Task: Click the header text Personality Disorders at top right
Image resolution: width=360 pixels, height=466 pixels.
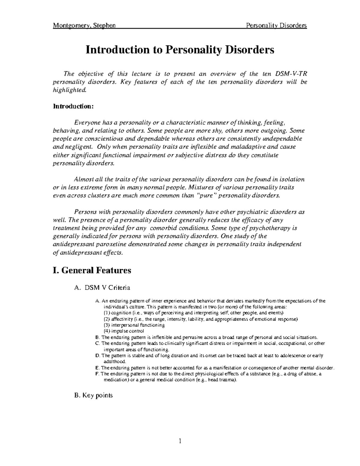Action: (x=276, y=26)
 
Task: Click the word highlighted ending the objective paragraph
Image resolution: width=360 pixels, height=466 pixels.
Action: (x=69, y=90)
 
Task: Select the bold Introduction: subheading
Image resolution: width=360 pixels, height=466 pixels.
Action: (x=73, y=106)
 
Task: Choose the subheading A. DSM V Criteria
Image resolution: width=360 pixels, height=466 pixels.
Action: (x=102, y=288)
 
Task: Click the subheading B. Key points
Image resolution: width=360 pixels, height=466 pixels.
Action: (x=93, y=395)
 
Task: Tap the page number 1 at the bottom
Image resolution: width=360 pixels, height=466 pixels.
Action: (x=180, y=441)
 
